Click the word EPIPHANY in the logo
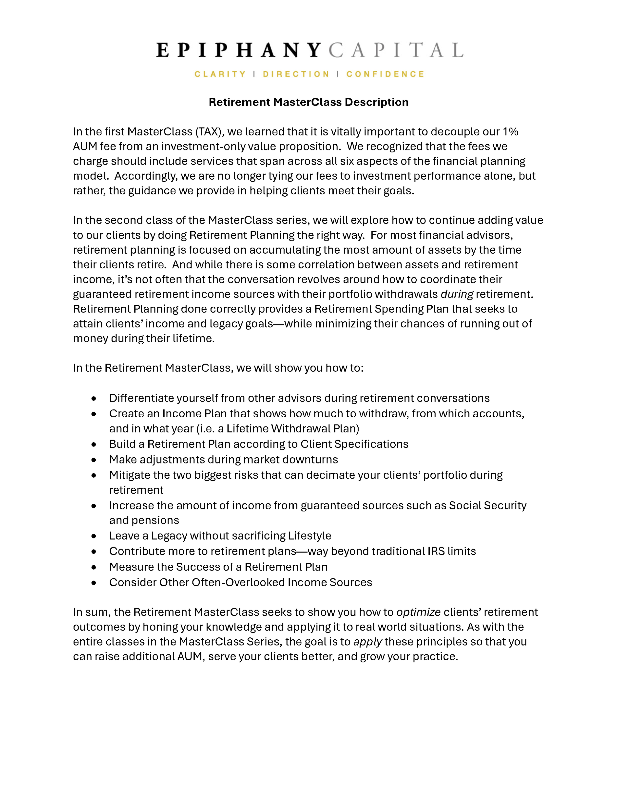(x=238, y=50)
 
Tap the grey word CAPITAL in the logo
(x=396, y=50)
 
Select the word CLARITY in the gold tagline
(x=220, y=74)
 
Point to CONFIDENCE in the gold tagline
(x=385, y=74)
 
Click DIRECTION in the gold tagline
(x=296, y=74)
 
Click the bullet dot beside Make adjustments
(x=94, y=460)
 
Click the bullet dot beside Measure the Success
(x=94, y=567)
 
